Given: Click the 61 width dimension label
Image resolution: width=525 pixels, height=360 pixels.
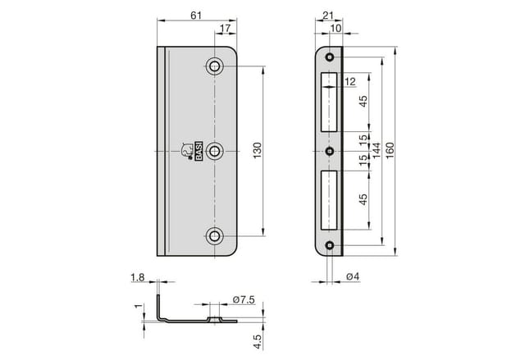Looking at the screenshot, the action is point(196,16).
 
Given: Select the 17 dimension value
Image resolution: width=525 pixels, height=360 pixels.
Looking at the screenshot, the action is point(225,29).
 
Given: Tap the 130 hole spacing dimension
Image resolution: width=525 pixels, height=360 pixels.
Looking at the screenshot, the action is point(257,151).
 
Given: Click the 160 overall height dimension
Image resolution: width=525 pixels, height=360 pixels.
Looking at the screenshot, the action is point(390,151).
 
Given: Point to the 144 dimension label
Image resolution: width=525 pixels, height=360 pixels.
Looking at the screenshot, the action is point(377,151).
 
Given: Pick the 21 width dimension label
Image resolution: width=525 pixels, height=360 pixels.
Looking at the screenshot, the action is point(328,16).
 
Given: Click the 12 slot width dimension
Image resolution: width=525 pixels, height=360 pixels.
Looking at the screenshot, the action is point(350,81).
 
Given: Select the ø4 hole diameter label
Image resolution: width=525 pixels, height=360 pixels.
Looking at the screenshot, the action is point(353,276).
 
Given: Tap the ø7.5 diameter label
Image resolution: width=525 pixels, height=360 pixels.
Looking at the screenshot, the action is point(244,300).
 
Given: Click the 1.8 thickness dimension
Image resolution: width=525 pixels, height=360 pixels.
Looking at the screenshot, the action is point(138,277).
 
